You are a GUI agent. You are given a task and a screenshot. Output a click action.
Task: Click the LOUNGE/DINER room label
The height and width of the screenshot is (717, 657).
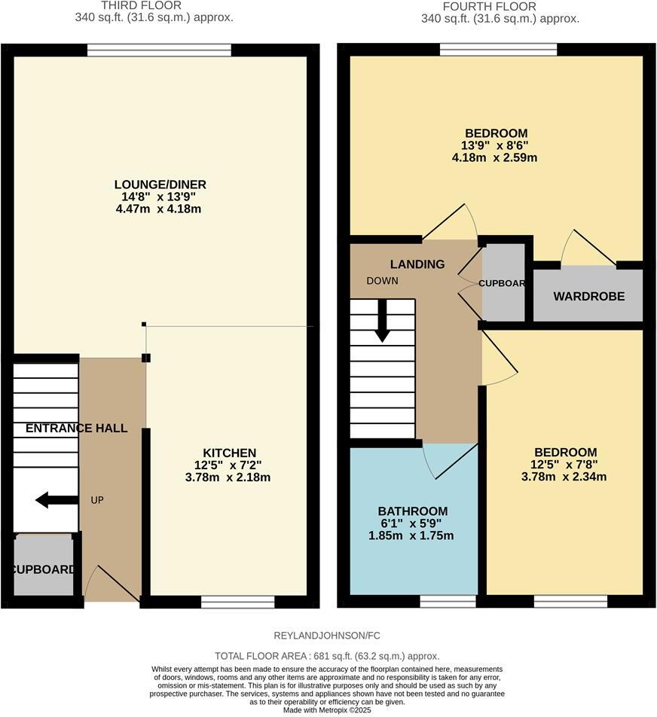pos(160,185)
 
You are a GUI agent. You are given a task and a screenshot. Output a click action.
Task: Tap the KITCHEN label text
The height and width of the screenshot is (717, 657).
pos(228,453)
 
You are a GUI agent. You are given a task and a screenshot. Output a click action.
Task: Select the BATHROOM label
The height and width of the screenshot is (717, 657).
pos(412,511)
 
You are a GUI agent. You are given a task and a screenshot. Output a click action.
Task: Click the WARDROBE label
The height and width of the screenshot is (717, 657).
pos(588,297)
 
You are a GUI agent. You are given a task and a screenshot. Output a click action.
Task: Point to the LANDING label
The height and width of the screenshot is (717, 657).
pos(417,264)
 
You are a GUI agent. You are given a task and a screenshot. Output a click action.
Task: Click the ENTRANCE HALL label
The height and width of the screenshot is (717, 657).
pos(76,428)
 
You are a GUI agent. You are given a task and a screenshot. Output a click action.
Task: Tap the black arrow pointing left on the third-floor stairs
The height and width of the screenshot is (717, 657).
pos(56,499)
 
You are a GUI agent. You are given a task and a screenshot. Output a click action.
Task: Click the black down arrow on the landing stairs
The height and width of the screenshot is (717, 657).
pos(382,320)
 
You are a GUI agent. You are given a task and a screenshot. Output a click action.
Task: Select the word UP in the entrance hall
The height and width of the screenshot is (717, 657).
pos(96,500)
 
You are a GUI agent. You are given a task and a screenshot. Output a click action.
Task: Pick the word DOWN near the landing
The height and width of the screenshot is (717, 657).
pos(382,281)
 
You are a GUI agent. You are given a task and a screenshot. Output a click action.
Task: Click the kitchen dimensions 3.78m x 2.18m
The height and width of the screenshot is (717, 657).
pos(228,477)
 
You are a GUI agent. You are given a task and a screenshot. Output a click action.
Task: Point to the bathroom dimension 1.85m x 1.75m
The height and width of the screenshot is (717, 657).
pos(412,535)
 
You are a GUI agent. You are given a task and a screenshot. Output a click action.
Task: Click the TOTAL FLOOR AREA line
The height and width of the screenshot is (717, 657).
pos(327,656)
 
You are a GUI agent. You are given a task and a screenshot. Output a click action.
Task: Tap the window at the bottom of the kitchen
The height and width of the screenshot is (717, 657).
pos(237,602)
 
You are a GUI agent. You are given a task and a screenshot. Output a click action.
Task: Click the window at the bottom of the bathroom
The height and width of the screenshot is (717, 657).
pos(448,601)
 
